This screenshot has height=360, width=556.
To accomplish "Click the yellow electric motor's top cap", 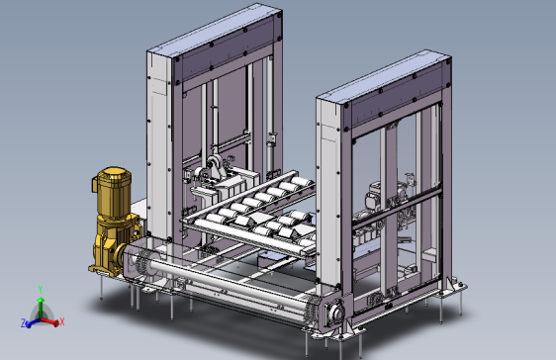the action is pos(114,172).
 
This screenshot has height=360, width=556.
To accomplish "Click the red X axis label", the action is pos(62,321).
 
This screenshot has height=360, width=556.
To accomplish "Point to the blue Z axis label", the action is pos(23,322).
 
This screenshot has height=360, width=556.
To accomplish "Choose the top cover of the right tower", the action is pos(384,75).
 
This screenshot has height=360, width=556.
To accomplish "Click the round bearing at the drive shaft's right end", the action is pos(335,313).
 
